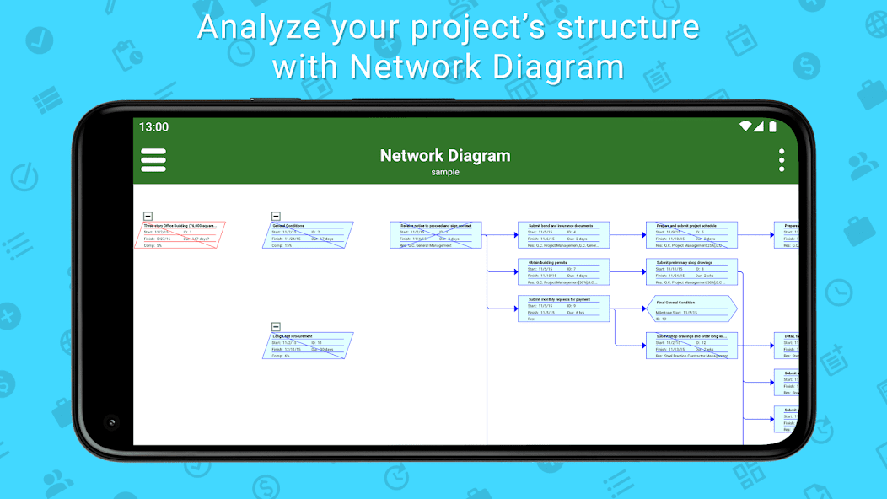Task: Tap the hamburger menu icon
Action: (x=153, y=160)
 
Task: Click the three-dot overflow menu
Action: (x=782, y=160)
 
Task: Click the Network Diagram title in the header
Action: (x=444, y=155)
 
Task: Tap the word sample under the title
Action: (x=444, y=172)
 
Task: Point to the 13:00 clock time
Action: (x=153, y=127)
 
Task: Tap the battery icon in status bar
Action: (x=772, y=126)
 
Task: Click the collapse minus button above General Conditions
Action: (x=276, y=217)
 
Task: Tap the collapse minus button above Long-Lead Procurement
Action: (x=276, y=326)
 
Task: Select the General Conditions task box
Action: (x=308, y=235)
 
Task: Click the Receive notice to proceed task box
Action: (x=436, y=235)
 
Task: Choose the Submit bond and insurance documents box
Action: (x=563, y=235)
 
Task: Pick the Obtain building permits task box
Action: (x=563, y=272)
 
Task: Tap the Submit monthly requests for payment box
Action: (x=563, y=309)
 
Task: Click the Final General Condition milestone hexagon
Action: (x=691, y=309)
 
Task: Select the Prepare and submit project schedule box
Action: (x=691, y=235)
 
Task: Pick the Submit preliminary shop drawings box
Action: (x=691, y=272)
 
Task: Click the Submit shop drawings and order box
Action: (x=691, y=346)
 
